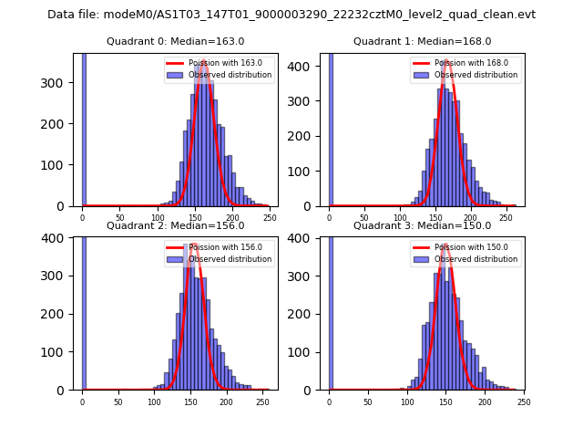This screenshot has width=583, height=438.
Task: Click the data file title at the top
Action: coord(291,15)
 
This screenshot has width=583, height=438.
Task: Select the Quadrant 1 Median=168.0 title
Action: coord(422,41)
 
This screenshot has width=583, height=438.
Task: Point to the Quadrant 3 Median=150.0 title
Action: coord(422,225)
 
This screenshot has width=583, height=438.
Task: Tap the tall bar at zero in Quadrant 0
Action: coord(84,128)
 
